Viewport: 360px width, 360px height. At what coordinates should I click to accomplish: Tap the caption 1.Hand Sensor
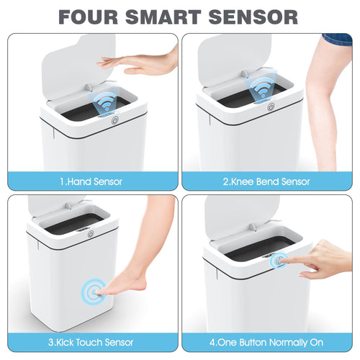[91, 181]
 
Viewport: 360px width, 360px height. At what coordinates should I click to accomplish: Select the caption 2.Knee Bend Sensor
[267, 181]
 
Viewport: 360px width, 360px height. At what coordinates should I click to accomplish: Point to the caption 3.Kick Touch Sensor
[91, 343]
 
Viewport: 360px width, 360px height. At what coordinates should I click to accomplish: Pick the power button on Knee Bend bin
[271, 107]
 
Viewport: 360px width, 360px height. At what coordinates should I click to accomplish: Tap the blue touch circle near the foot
[91, 292]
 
